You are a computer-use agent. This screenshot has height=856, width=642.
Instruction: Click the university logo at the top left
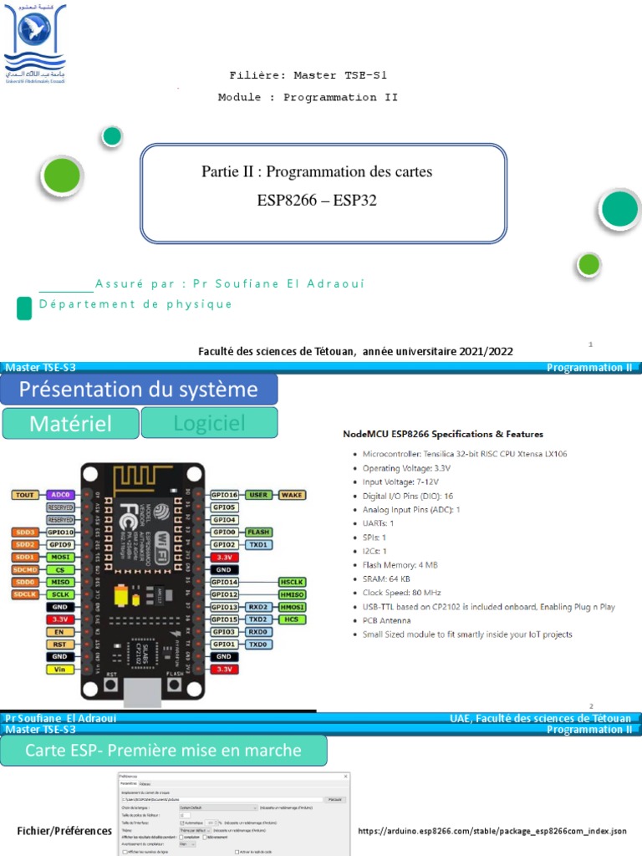[35, 43]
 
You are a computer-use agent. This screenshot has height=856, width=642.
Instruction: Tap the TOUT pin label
[23, 495]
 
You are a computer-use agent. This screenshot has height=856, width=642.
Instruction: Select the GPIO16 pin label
[225, 495]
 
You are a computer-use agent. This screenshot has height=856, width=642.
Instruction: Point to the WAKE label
[292, 495]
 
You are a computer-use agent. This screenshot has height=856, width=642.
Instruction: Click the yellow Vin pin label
[59, 670]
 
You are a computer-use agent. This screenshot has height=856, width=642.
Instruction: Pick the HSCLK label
[292, 582]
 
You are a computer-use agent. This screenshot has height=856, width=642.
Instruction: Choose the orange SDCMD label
[23, 569]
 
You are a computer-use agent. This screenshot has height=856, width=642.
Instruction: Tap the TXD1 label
[258, 544]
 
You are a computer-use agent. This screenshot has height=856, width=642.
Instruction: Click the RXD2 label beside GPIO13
[258, 607]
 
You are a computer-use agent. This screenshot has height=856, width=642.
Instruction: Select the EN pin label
[59, 632]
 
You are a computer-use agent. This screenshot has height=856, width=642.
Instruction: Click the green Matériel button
[69, 424]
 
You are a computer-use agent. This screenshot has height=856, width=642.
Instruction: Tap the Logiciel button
[209, 424]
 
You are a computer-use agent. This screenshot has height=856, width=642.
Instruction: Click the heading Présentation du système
[139, 390]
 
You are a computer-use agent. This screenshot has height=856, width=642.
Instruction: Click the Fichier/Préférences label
[64, 831]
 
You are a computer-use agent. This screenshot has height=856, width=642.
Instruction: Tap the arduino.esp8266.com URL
[492, 831]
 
